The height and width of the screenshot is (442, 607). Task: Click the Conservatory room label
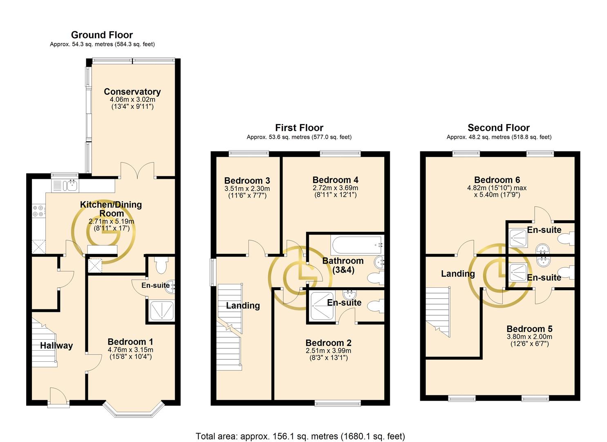[132, 91]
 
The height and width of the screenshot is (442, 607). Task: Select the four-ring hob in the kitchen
[38, 211]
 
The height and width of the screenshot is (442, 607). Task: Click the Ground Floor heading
[102, 35]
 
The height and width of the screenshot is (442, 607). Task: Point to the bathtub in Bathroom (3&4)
[356, 245]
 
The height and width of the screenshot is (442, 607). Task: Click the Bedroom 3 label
[247, 180]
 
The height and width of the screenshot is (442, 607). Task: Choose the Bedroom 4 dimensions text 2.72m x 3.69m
[336, 188]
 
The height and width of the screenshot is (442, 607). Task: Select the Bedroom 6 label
[497, 180]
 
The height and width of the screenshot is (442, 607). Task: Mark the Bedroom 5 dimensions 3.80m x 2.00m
[529, 337]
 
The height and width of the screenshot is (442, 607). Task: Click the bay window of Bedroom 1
[134, 410]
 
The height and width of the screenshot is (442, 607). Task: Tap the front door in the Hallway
[58, 397]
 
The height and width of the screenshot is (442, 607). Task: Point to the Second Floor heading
[499, 128]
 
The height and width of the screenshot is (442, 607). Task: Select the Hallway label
[56, 345]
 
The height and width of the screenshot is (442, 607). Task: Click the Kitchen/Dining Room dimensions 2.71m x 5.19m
[111, 221]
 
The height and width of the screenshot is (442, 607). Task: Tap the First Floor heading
[299, 128]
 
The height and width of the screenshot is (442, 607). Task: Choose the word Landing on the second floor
[458, 274]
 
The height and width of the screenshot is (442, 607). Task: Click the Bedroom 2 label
[328, 343]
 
